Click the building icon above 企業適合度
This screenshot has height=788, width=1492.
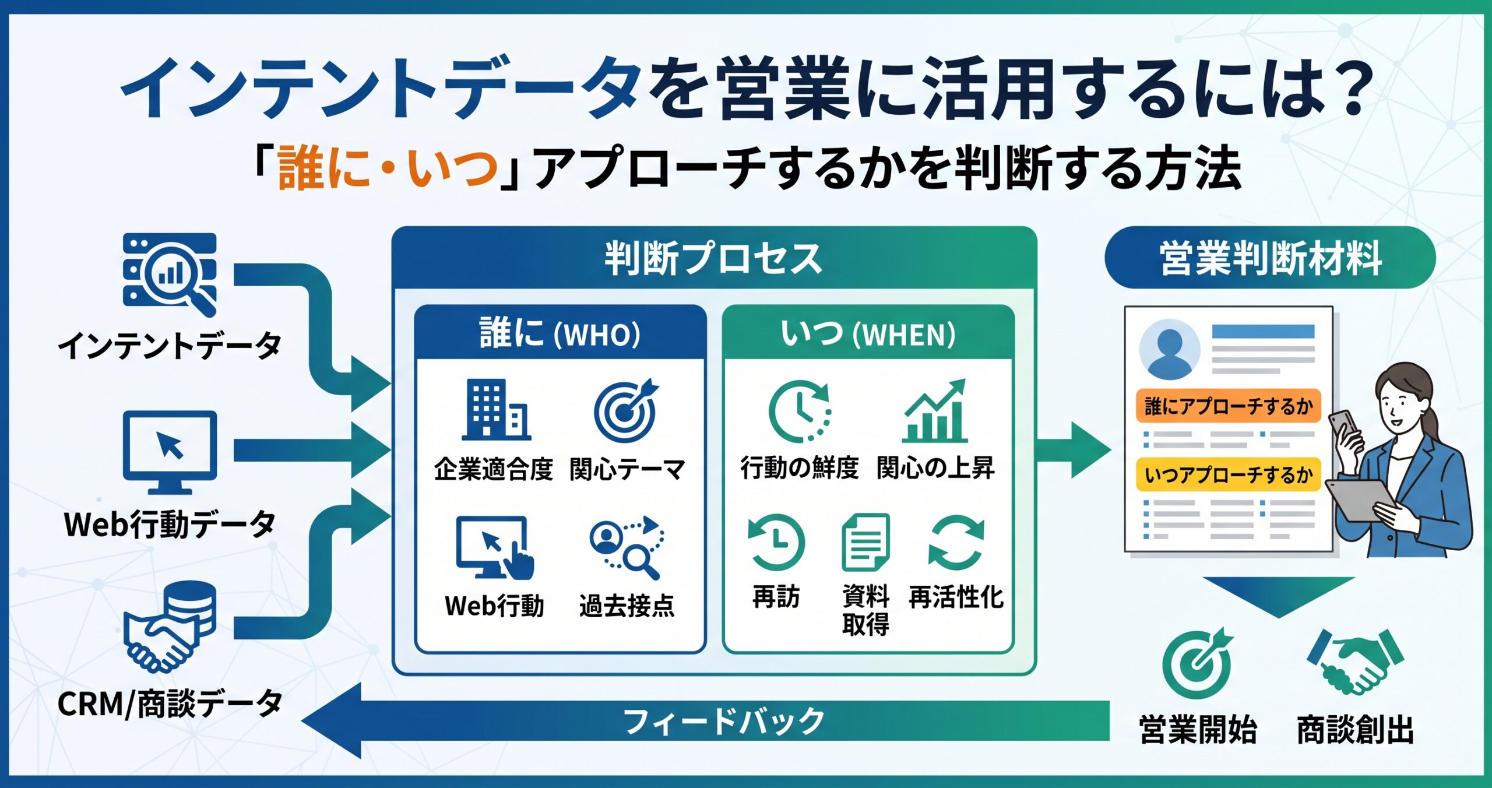pos(495,409)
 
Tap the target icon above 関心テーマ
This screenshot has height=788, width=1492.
pos(626,410)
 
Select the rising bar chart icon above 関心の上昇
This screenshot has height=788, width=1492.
pos(934,410)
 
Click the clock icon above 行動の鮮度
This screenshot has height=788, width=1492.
pos(800,411)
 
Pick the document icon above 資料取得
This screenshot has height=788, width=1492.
pos(865,542)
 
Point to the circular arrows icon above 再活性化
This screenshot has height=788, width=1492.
pos(956,543)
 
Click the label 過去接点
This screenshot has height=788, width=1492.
pos(627,606)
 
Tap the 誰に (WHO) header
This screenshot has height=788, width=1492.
pos(559,333)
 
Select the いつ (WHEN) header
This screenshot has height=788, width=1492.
pos(868,333)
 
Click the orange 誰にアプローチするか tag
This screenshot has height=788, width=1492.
pos(1228,406)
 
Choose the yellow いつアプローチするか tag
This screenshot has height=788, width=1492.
pos(1228,474)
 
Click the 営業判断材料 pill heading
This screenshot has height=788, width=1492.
pos(1270,258)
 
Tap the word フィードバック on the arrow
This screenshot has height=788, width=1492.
pos(724,721)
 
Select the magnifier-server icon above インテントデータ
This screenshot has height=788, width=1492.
pos(170,275)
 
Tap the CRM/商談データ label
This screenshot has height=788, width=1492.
pos(170,703)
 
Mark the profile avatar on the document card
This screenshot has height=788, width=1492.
pos(1169,349)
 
